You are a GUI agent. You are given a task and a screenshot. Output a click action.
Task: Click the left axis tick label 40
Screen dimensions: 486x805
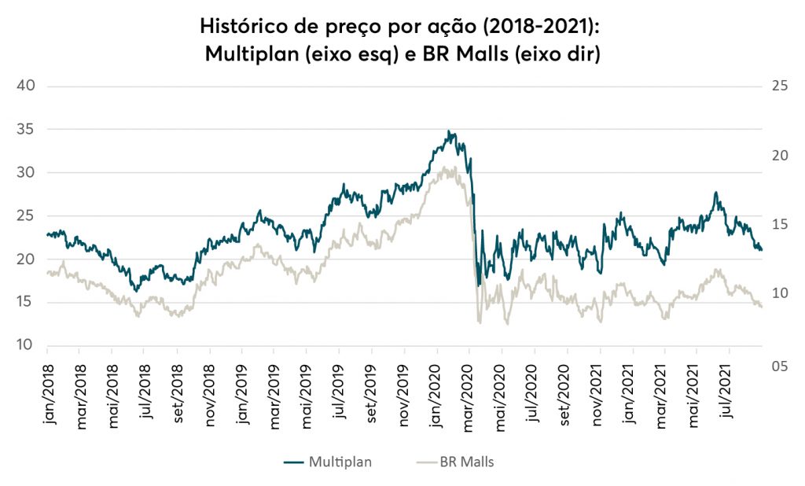27,86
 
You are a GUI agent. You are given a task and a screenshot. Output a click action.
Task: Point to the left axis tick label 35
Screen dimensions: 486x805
27,129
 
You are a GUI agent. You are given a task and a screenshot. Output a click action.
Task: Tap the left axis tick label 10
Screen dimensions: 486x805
27,346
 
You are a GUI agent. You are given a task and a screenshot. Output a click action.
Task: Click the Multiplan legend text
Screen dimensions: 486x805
340,462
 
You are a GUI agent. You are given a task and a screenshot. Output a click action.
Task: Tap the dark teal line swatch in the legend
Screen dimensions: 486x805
294,462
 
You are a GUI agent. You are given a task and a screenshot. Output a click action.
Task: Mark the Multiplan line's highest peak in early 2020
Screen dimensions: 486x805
449,131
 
